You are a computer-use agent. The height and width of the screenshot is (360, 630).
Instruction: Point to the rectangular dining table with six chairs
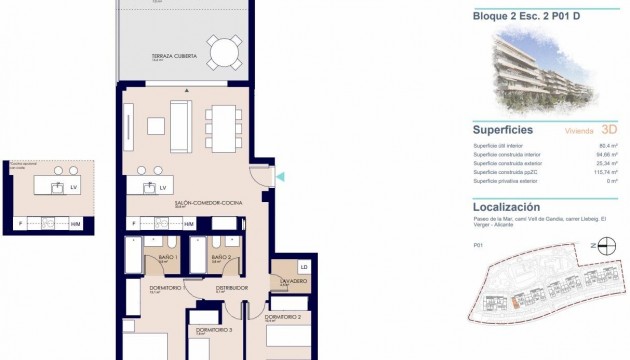(x=224, y=128)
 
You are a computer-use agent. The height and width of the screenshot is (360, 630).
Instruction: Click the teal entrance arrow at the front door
(x=281, y=178)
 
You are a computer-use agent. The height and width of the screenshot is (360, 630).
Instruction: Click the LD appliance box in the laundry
(x=303, y=267)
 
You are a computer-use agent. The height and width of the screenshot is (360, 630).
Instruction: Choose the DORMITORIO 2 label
(x=283, y=316)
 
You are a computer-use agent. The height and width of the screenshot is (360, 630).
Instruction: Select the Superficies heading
(x=502, y=129)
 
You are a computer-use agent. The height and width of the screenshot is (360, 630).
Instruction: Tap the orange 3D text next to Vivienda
(x=611, y=130)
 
